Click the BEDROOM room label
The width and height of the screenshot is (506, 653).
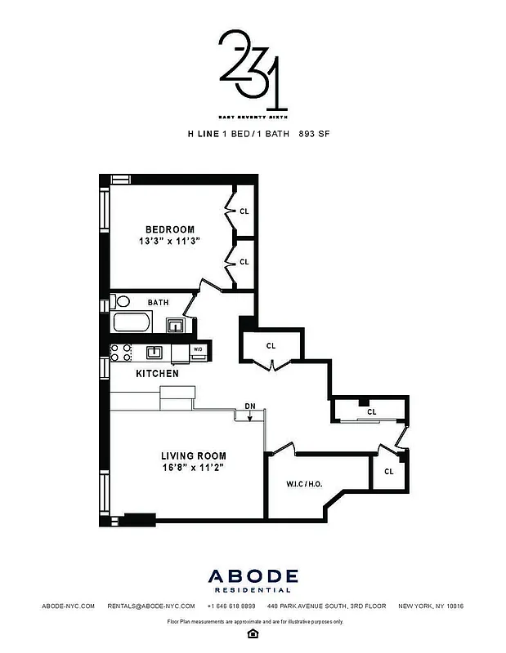click(x=170, y=229)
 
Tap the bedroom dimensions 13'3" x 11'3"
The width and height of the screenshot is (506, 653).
click(x=170, y=242)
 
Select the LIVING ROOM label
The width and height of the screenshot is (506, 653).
click(x=193, y=455)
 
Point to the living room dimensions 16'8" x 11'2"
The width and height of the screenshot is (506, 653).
click(x=193, y=468)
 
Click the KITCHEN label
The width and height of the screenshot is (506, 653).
click(x=157, y=373)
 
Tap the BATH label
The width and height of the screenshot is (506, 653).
click(x=159, y=303)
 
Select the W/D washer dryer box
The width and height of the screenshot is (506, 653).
click(x=197, y=351)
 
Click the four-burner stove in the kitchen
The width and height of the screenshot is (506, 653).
click(x=121, y=353)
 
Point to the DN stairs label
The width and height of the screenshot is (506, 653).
click(x=250, y=406)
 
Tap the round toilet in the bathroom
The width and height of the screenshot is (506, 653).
click(x=123, y=301)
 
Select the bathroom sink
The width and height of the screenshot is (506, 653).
click(x=174, y=326)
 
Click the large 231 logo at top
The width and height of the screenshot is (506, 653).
click(x=253, y=69)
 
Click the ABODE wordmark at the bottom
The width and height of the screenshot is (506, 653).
click(x=253, y=576)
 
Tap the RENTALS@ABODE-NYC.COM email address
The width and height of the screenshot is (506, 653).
click(x=151, y=606)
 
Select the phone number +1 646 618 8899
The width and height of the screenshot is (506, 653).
click(x=231, y=606)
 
